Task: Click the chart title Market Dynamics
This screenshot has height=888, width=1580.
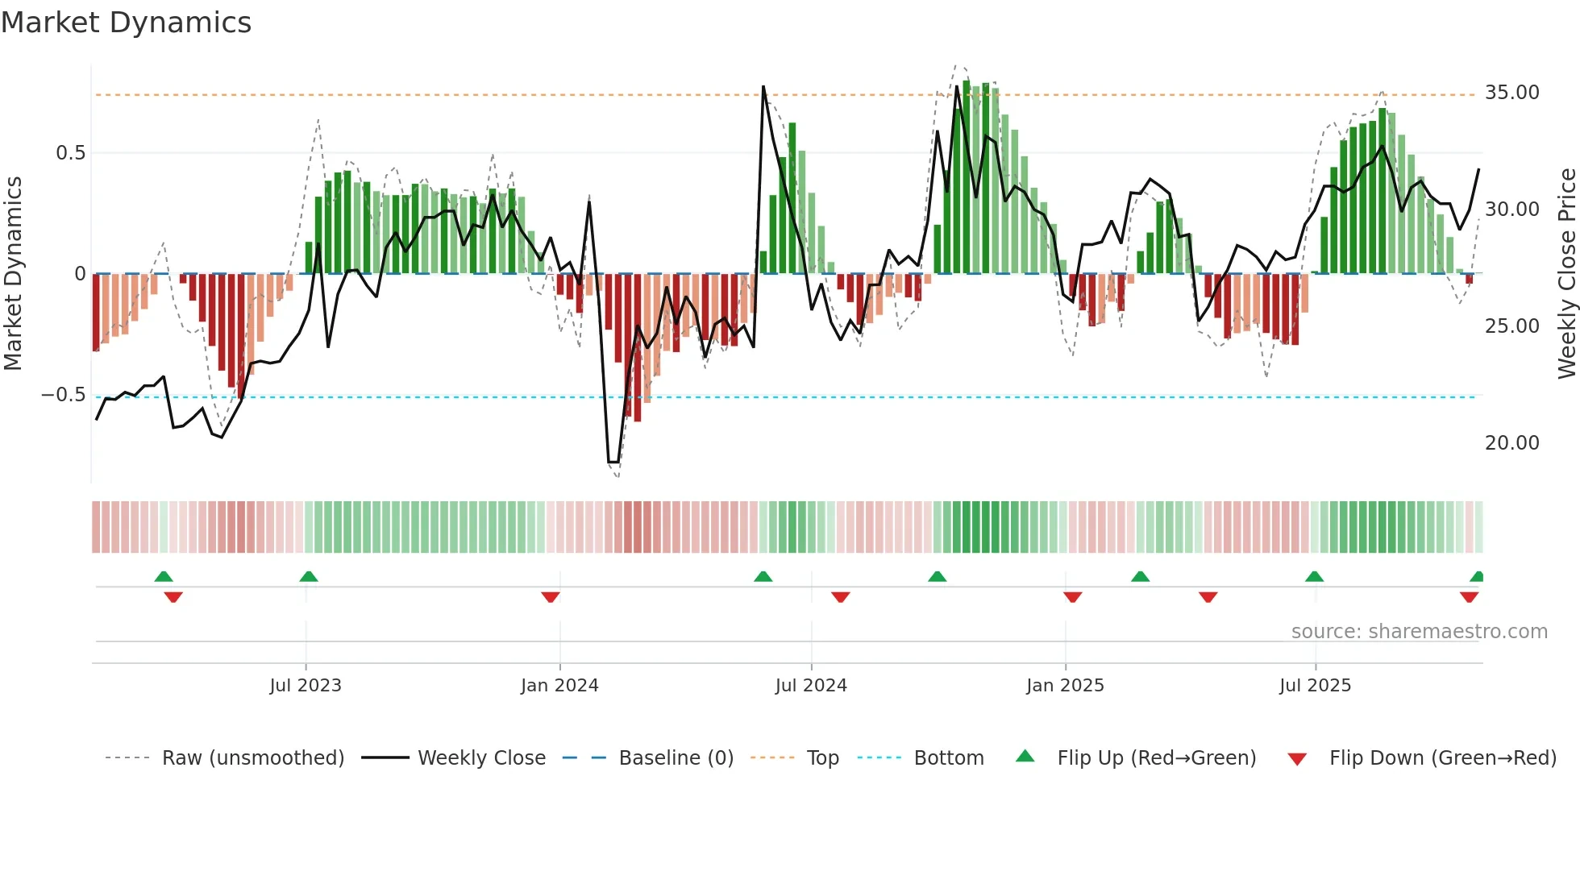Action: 127,23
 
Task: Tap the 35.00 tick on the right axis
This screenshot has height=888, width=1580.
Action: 1511,93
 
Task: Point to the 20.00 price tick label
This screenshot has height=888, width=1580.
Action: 1511,443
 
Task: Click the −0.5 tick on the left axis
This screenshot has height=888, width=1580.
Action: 63,395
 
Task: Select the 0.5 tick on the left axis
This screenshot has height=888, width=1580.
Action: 70,153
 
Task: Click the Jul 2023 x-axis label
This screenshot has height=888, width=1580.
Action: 306,686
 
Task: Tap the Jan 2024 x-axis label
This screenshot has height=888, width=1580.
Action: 559,686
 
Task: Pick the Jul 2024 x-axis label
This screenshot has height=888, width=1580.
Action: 811,686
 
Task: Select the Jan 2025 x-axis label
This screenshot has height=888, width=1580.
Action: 1065,686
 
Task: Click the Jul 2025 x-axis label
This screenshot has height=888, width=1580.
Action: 1315,686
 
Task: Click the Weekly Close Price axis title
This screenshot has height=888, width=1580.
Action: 1566,273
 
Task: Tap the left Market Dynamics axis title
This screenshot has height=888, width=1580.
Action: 13,273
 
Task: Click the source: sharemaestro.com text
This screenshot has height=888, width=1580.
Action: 1419,632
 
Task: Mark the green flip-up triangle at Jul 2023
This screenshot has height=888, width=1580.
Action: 309,576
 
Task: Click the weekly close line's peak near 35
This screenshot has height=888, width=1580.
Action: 763,87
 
